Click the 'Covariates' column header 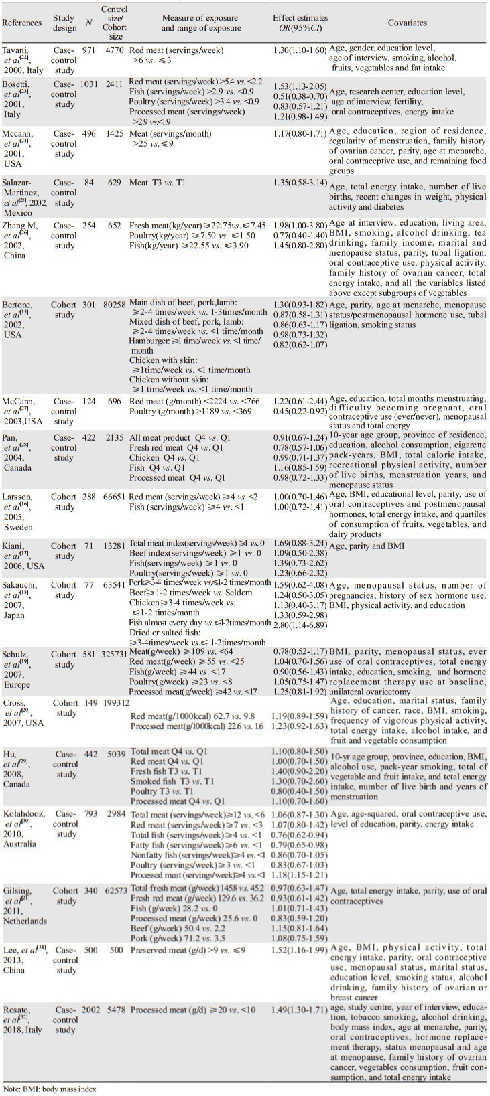tap(407, 23)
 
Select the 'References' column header tap(22, 23)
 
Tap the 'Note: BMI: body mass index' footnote tap(50, 1089)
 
